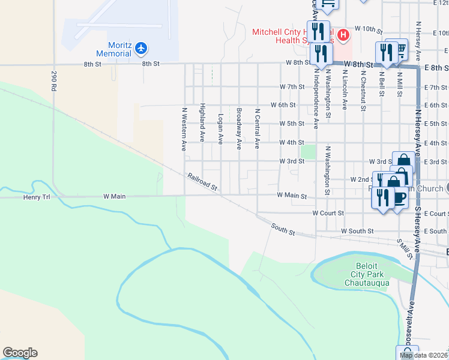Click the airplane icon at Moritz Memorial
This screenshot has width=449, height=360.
coord(141,47)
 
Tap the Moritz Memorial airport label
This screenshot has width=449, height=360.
coord(119,49)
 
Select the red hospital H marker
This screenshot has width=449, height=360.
coord(343,35)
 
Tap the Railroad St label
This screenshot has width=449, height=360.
coord(202,182)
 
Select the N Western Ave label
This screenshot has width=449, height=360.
coord(184,129)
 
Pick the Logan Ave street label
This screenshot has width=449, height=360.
coord(220,129)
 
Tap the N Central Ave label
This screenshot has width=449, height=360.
coord(257,128)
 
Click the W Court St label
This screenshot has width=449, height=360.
coord(328,213)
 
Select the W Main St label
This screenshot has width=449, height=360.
coord(291,196)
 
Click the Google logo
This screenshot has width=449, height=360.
coord(20,353)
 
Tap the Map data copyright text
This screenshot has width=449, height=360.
coord(424,355)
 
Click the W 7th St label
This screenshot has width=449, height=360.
coord(291,87)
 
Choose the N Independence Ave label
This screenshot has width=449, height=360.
coord(316,97)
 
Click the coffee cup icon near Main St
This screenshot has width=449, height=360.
coord(399,197)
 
